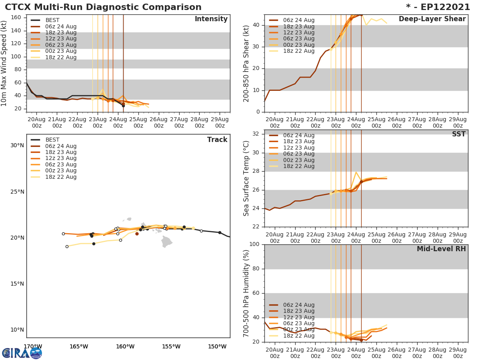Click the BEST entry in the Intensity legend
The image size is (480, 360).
tap(52, 20)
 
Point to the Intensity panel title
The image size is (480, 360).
tap(211, 19)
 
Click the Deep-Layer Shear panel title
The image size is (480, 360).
tap(432, 19)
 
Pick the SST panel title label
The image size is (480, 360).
tap(458, 134)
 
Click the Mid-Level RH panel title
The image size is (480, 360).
tap(441, 249)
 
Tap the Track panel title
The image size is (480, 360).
tap(217, 140)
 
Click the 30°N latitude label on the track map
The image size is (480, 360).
tap(17, 145)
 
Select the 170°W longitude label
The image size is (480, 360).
tap(33, 346)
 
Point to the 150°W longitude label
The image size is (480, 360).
tap(217, 346)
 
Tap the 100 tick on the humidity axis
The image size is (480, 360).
tap(254, 244)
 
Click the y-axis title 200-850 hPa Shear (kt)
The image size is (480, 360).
tap(246, 63)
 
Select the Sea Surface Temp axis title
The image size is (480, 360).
tap(246, 178)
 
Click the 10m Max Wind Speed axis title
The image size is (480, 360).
tap(4, 63)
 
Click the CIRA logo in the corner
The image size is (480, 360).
tap(22, 353)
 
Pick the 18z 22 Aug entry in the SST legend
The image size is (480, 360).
tap(298, 166)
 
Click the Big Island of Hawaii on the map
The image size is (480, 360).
tap(167, 241)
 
